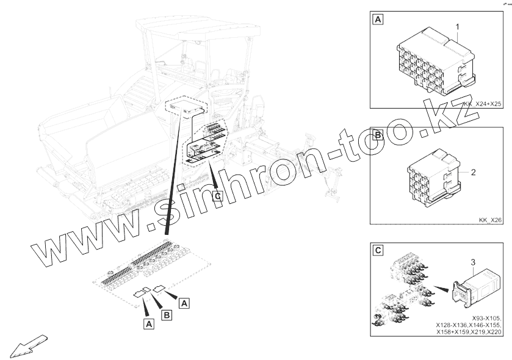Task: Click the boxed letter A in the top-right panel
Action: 378,20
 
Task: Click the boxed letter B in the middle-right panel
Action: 378,134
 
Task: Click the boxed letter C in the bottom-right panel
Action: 378,250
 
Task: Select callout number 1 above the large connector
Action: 458,26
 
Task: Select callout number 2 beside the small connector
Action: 473,172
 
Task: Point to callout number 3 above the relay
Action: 473,262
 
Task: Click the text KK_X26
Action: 490,220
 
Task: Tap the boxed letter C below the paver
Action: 217,196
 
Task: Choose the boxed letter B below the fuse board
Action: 167,315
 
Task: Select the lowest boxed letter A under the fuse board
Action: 149,324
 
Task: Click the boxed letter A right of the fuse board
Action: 184,303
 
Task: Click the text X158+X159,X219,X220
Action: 469,333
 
